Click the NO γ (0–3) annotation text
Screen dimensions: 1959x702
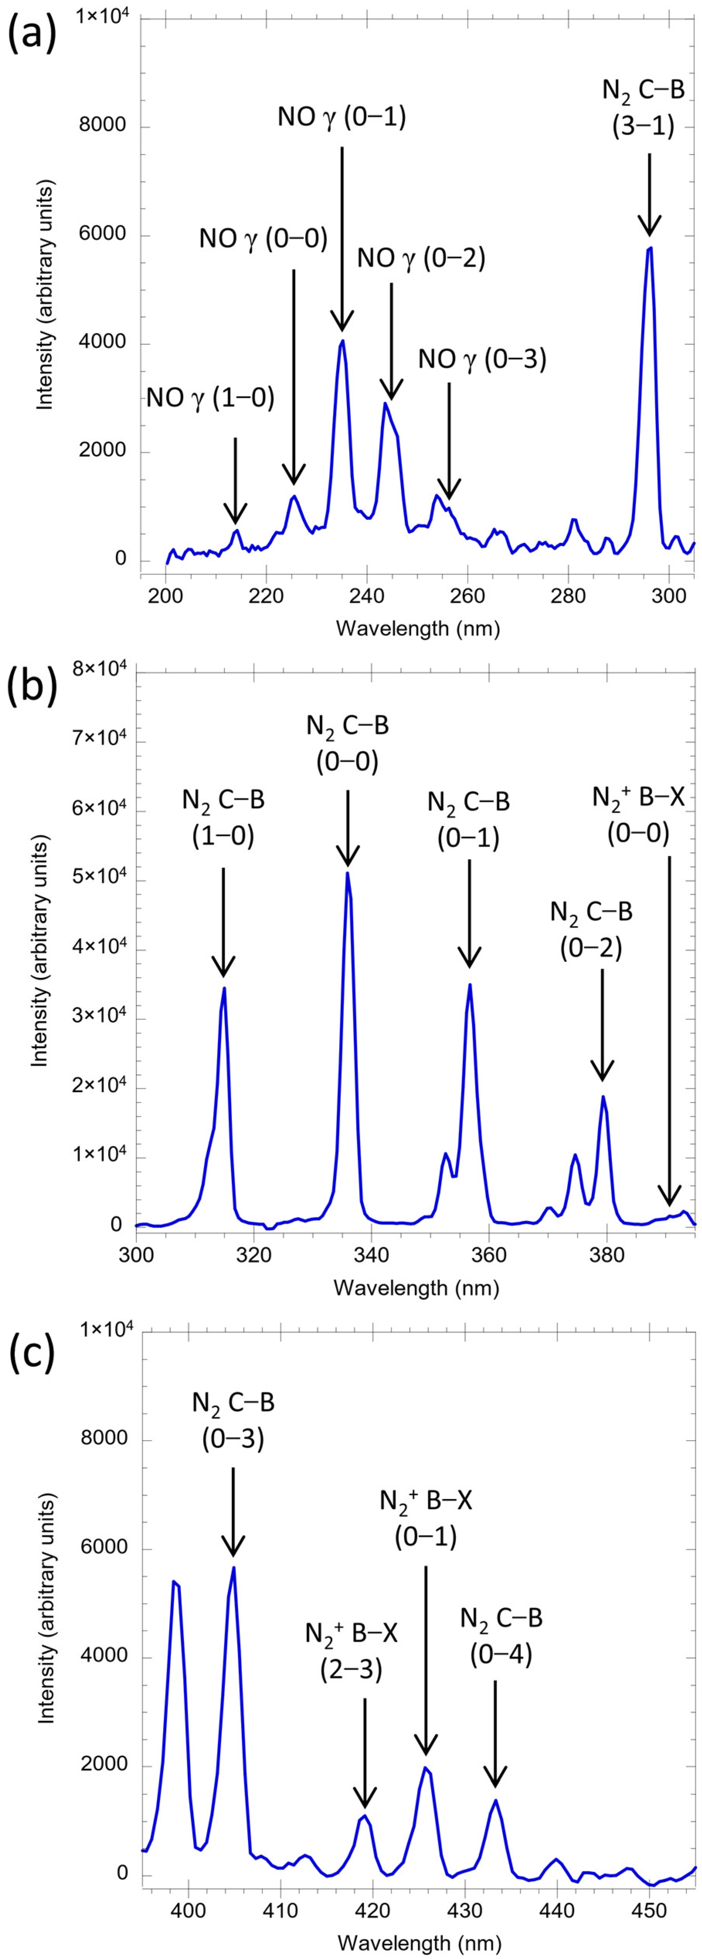coord(482,359)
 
